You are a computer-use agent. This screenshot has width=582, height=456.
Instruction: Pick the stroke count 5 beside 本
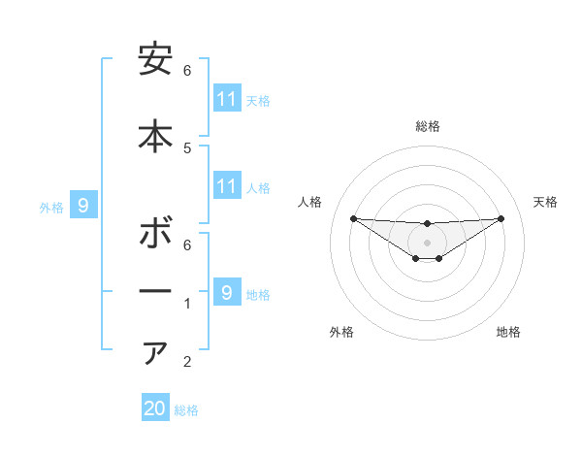point(187,147)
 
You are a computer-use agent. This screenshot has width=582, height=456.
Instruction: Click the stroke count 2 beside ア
point(187,363)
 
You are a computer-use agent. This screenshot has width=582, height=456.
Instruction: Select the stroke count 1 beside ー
point(187,304)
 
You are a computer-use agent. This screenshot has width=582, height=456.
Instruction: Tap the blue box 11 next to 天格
point(227,99)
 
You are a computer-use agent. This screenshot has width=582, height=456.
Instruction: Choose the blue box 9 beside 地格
point(227,292)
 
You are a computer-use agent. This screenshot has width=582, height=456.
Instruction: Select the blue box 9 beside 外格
point(83,205)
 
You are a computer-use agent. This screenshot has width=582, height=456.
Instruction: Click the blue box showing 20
point(155,408)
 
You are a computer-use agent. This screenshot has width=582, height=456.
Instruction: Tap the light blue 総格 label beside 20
point(186,410)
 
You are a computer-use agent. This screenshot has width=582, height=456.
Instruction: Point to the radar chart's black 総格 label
point(427,126)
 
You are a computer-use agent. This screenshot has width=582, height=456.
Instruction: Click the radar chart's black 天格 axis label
point(546,202)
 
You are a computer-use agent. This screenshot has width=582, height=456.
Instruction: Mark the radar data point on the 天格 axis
point(501,218)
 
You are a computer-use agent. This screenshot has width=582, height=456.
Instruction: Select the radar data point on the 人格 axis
point(353,218)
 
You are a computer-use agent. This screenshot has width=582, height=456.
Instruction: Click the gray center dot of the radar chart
point(427,242)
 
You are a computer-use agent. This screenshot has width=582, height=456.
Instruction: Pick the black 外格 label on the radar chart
point(341,332)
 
